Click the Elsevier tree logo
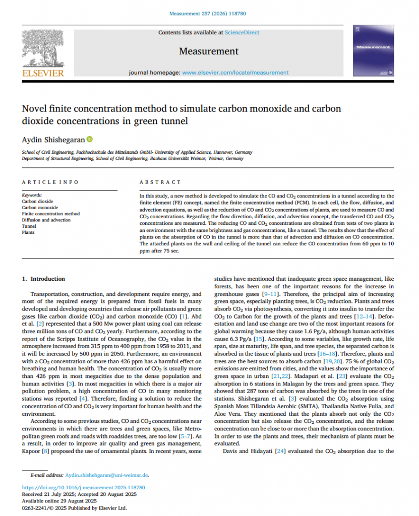click(42, 48)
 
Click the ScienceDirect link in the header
click(242, 33)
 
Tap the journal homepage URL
click(235, 73)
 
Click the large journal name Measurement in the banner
click(209, 51)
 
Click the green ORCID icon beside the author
click(90, 139)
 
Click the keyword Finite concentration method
click(50, 214)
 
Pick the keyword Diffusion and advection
click(46, 220)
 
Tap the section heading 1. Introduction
click(43, 279)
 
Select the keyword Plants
click(28, 233)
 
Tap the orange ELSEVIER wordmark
click(43, 74)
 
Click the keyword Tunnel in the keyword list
click(29, 226)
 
